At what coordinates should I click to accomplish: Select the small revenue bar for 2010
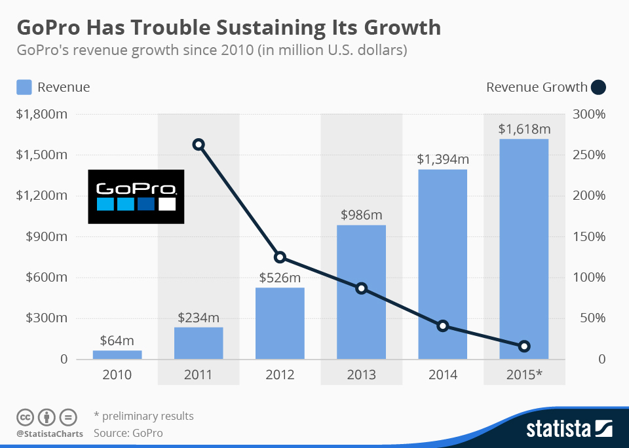[117, 354]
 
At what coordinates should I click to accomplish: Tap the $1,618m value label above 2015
[524, 129]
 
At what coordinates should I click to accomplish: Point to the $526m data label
[280, 278]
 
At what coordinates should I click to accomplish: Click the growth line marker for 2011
[199, 145]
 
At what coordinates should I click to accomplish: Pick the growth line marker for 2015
[524, 346]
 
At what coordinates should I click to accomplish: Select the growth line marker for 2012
[280, 257]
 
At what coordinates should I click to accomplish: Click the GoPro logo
[136, 196]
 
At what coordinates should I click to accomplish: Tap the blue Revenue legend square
[24, 87]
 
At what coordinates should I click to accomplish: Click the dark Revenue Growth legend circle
[598, 87]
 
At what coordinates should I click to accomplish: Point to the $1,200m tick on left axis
[43, 196]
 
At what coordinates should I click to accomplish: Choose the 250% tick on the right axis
[593, 155]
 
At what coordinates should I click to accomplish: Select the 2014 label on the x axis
[442, 375]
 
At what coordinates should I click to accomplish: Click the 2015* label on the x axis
[524, 375]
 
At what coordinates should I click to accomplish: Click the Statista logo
[569, 429]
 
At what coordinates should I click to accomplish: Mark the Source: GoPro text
[128, 433]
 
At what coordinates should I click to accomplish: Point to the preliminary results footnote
[143, 416]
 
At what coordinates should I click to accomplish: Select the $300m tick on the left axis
[47, 318]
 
